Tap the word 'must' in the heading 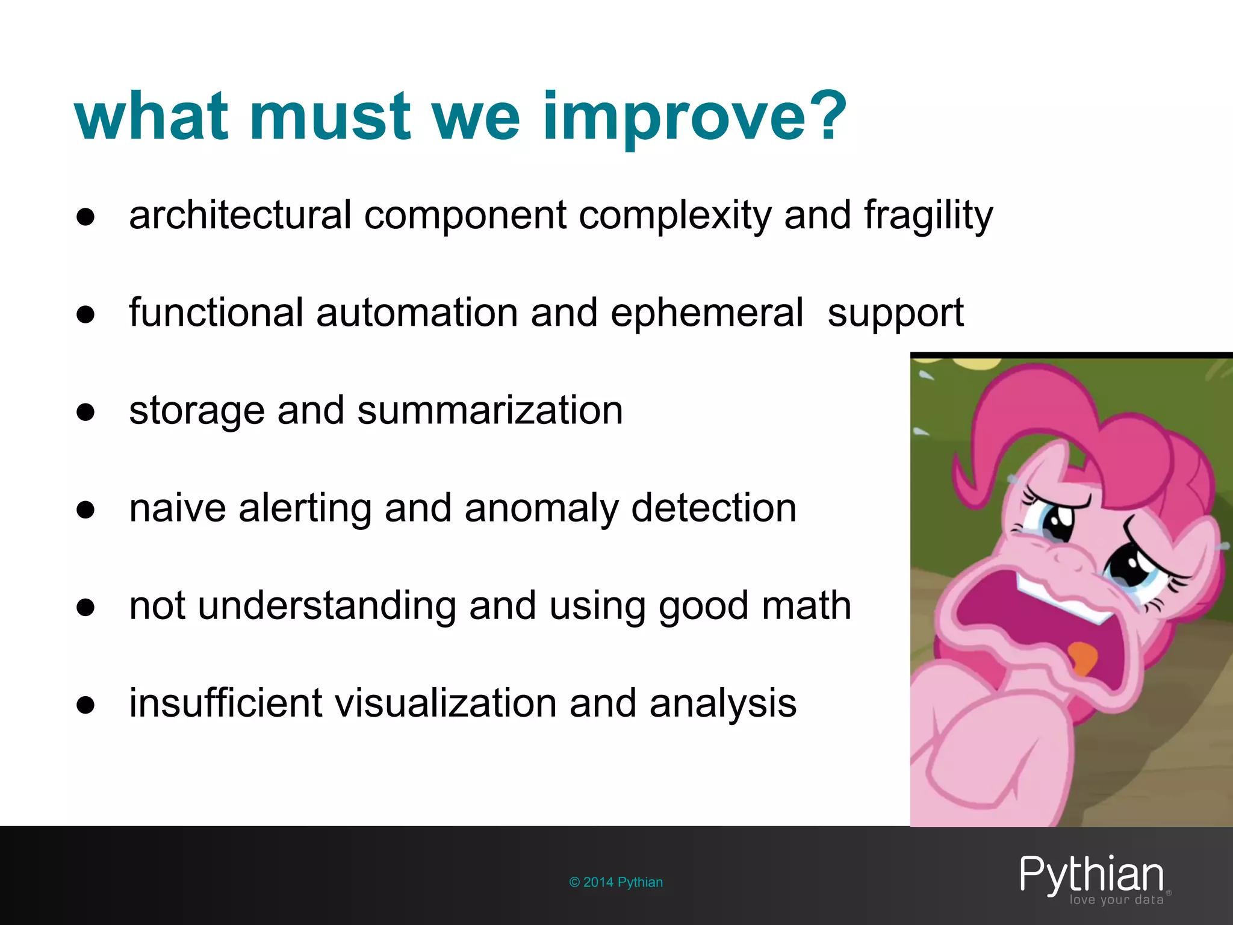tap(329, 116)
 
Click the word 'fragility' tap(928, 216)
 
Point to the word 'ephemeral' tap(707, 313)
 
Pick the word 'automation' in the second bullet tap(416, 313)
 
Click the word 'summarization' tap(490, 411)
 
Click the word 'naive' tap(178, 508)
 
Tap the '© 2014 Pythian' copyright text tap(616, 882)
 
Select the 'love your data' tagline tap(1116, 900)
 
